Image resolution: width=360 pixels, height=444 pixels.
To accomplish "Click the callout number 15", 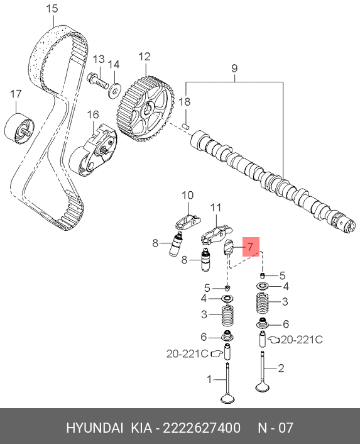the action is (52, 9).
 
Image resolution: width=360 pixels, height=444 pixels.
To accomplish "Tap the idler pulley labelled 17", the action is (19, 130).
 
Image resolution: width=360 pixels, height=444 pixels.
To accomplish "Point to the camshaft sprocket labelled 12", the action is (145, 108).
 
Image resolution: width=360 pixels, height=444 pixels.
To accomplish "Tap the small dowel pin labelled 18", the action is (185, 126).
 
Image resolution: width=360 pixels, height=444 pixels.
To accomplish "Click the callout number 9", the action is (234, 69).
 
